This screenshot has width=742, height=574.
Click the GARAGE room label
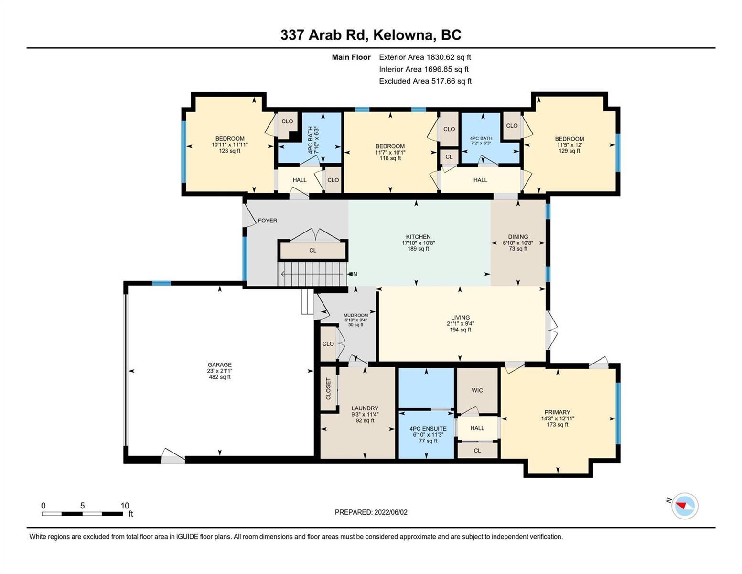point(220,364)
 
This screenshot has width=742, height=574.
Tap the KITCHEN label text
point(418,237)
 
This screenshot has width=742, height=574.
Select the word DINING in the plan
point(517,237)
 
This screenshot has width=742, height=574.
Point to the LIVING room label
point(460,317)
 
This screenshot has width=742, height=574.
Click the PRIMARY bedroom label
point(557,412)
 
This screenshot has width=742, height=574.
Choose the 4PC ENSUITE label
point(428,429)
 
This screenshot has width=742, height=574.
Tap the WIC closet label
point(477,390)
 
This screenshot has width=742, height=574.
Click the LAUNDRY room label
point(365,408)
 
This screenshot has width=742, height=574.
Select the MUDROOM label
point(355,315)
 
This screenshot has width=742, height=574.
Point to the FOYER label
point(268,221)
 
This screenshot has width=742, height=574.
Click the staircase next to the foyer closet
point(313,274)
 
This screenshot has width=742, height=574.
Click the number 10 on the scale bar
point(125,506)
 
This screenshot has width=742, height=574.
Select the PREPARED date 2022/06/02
point(391,512)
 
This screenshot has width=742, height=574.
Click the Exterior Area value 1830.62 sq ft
point(448,57)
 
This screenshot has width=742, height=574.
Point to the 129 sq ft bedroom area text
point(569,151)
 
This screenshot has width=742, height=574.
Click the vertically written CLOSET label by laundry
point(328,388)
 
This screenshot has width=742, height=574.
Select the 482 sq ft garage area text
point(220,377)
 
